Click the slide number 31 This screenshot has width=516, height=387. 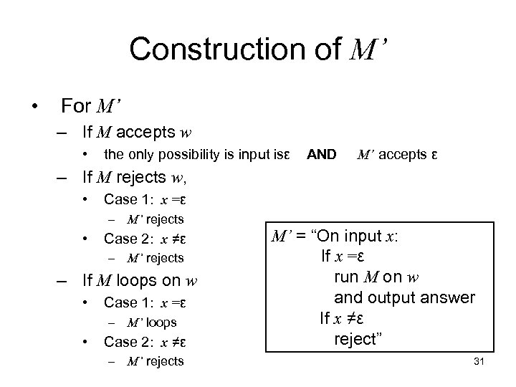pyautogui.click(x=480, y=361)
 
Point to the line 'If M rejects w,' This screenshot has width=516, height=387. pyautogui.click(x=137, y=176)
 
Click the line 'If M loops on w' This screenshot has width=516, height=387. pyautogui.click(x=139, y=279)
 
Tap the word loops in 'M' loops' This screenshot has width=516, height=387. pyautogui.click(x=161, y=322)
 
